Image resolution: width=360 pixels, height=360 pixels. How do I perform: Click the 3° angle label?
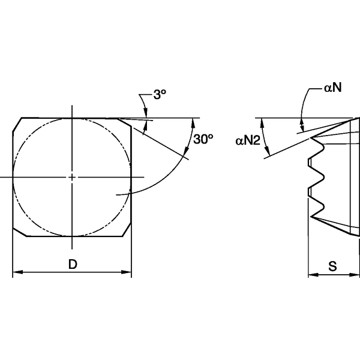(x=159, y=94)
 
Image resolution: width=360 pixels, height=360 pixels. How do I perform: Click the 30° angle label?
(x=204, y=139)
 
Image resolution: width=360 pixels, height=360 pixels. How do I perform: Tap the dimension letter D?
(x=72, y=264)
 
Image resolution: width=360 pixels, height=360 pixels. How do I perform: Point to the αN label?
(x=333, y=88)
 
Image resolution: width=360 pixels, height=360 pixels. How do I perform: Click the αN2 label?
(x=246, y=140)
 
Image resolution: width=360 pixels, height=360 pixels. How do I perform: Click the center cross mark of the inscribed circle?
(x=72, y=178)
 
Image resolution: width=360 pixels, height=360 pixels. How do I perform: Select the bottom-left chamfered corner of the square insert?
(x=19, y=232)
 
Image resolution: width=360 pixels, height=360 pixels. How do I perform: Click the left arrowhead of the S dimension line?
(x=311, y=275)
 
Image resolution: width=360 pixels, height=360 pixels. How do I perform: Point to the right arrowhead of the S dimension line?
(x=356, y=275)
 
